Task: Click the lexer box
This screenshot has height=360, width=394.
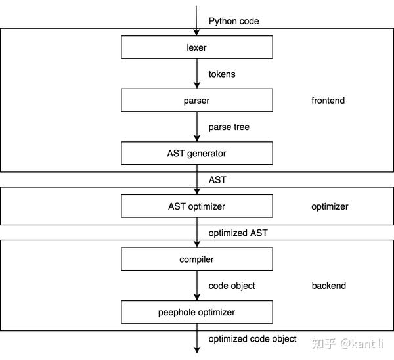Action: [196, 47]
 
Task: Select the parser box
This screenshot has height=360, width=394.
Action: [196, 101]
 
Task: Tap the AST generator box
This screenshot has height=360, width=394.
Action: [196, 153]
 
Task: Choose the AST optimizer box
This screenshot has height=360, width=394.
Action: [196, 206]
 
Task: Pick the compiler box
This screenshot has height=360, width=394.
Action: [196, 259]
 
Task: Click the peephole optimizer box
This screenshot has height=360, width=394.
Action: [196, 312]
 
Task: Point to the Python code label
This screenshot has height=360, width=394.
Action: [234, 21]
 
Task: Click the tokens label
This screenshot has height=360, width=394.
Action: [222, 74]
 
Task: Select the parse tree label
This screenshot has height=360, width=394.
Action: [229, 127]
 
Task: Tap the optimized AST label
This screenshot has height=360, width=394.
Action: [238, 233]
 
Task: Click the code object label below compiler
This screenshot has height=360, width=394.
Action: [232, 286]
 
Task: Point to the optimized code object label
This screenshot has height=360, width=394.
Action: [253, 339]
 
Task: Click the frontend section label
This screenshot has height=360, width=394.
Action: [328, 101]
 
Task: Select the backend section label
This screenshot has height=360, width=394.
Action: [328, 286]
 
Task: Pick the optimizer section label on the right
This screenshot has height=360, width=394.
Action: [330, 206]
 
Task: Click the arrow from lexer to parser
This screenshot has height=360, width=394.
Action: [196, 74]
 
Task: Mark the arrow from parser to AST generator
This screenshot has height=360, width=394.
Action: [196, 126]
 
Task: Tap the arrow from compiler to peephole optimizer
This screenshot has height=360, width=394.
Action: [196, 285]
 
